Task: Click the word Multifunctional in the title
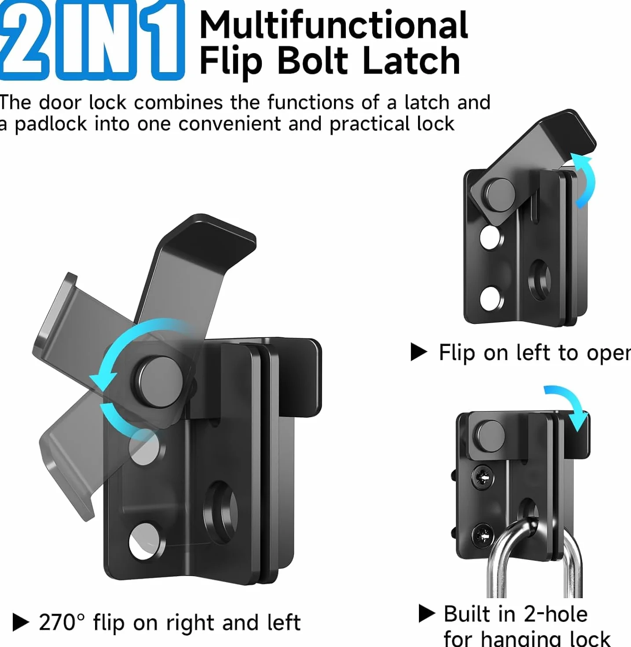point(334,25)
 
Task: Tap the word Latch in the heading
point(411,60)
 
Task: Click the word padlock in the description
point(51,125)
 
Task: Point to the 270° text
point(62,622)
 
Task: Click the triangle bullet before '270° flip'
point(21,622)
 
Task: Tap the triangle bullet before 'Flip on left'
point(419,352)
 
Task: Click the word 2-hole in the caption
point(555,614)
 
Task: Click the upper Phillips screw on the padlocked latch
point(483,478)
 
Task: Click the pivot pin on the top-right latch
point(500,195)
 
